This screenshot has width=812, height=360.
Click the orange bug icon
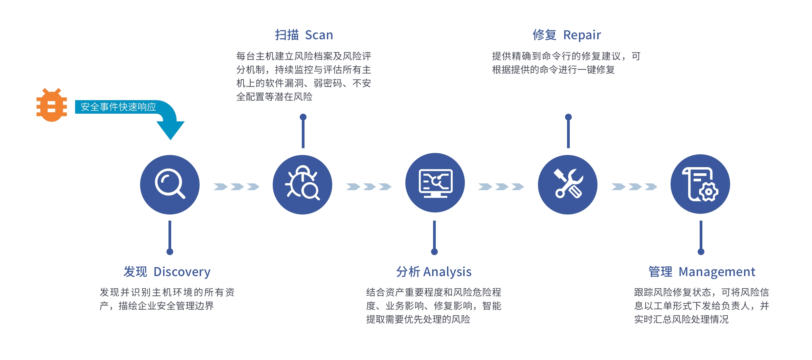pyautogui.click(x=51, y=105)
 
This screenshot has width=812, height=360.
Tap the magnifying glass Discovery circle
pyautogui.click(x=170, y=184)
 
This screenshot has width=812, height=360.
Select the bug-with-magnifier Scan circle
pyautogui.click(x=302, y=184)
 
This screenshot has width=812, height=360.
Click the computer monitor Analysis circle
pyautogui.click(x=435, y=183)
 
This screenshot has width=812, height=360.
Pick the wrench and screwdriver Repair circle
pyautogui.click(x=568, y=184)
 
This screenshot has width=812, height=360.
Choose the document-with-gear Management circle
pyautogui.click(x=700, y=184)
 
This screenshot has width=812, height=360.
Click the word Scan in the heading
pyautogui.click(x=319, y=35)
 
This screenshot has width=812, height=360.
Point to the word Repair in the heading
pyautogui.click(x=582, y=35)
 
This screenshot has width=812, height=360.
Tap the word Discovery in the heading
pyautogui.click(x=182, y=272)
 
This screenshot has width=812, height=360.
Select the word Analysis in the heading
pyautogui.click(x=447, y=272)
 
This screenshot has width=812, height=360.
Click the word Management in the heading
pyautogui.click(x=717, y=272)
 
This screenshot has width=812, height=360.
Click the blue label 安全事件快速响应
pyautogui.click(x=118, y=107)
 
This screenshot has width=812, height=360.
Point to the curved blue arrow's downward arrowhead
pyautogui.click(x=171, y=130)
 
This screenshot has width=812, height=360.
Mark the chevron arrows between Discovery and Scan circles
pyautogui.click(x=236, y=186)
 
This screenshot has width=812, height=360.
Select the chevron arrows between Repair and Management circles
pyautogui.click(x=634, y=186)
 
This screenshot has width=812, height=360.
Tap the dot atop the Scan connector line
pyautogui.click(x=303, y=117)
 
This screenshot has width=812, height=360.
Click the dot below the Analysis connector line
pyautogui.click(x=434, y=252)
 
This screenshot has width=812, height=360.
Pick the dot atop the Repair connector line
pyautogui.click(x=568, y=117)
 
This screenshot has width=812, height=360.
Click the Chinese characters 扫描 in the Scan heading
pyautogui.click(x=287, y=35)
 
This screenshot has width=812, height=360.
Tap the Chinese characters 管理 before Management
pyautogui.click(x=660, y=272)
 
